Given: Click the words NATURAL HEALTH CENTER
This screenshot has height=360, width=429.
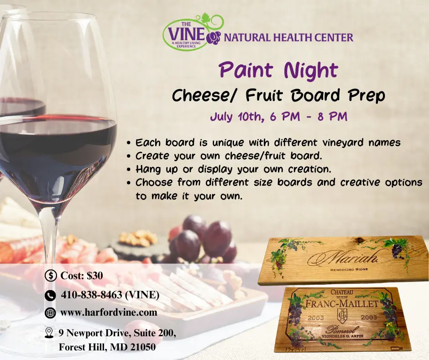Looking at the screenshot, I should [288, 37].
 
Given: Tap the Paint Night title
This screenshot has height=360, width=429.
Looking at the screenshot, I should [278, 70].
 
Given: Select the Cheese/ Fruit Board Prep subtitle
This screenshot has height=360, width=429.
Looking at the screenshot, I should [278, 96].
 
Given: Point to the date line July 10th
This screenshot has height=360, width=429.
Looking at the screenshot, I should [278, 116].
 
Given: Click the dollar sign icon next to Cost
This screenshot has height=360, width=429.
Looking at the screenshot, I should [51, 275].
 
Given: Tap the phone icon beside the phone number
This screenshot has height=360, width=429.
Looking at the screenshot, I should [51, 295].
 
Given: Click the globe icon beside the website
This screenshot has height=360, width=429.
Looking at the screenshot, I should [51, 313].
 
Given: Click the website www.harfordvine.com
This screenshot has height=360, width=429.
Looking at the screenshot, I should [109, 312].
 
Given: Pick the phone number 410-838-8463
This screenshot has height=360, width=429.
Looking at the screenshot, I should [110, 295].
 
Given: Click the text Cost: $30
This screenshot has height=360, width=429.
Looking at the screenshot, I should [82, 275].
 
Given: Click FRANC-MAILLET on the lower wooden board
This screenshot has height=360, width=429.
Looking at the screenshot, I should [341, 303].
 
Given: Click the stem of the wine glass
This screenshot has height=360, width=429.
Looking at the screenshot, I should [48, 247].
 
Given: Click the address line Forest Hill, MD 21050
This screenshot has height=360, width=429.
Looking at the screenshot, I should [107, 347].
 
